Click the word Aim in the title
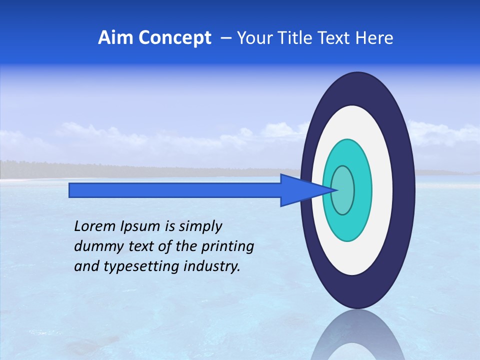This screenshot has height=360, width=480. [111, 38]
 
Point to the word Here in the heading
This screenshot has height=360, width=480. [375, 38]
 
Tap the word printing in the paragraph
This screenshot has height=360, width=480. [227, 246]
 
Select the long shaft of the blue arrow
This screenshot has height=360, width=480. [175, 190]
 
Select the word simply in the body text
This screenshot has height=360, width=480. [200, 226]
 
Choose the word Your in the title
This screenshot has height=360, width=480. [253, 38]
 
